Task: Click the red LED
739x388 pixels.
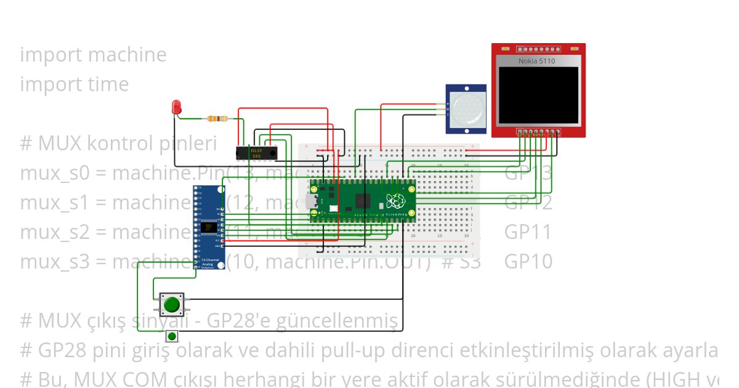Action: click(x=177, y=107)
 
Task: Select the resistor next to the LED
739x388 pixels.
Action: click(x=217, y=119)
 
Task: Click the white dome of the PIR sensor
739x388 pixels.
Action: click(x=467, y=109)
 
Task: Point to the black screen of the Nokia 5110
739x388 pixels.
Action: click(x=538, y=95)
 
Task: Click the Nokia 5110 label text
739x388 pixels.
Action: click(x=536, y=61)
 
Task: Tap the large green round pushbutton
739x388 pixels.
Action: click(x=171, y=304)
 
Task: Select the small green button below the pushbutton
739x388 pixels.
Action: click(x=172, y=336)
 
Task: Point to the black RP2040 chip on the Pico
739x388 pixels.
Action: click(x=362, y=201)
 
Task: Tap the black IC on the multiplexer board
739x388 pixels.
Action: click(x=208, y=227)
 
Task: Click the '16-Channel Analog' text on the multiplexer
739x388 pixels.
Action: click(x=209, y=262)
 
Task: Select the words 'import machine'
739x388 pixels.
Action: click(x=93, y=55)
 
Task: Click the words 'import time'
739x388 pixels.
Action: click(x=75, y=84)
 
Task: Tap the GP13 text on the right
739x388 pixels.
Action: click(x=528, y=173)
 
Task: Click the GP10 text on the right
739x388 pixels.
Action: click(x=528, y=262)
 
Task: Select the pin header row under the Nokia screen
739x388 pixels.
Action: click(x=539, y=131)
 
